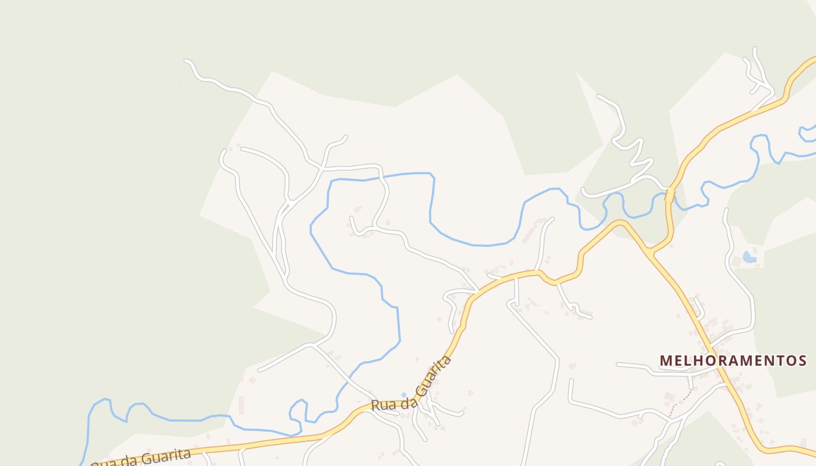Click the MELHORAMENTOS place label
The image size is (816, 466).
pyautogui.click(x=733, y=361)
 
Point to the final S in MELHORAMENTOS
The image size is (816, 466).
pyautogui.click(x=802, y=361)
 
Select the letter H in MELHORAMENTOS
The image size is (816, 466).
pyautogui.click(x=698, y=361)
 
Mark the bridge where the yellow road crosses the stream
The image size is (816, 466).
pyautogui.click(x=670, y=195)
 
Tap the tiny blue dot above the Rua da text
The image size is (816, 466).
pyautogui.click(x=403, y=395)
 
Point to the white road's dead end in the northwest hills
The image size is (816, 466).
pyautogui.click(x=187, y=61)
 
